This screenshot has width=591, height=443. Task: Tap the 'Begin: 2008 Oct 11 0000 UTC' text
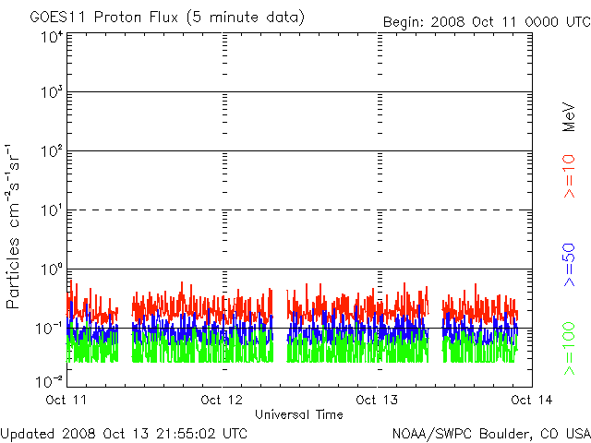484,21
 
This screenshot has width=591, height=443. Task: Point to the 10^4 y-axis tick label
52,37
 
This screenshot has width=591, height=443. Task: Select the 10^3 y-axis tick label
52,93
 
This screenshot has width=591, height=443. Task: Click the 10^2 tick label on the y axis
52,151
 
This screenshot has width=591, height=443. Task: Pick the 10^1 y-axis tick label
52,210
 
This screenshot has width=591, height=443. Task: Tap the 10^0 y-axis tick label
52,269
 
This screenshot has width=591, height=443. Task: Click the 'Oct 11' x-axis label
66,400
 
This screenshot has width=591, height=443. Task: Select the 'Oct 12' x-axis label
223,400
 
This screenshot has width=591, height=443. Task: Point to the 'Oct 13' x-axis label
378,400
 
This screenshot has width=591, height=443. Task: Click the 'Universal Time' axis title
299,414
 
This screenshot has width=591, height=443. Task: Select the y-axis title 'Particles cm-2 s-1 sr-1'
16,226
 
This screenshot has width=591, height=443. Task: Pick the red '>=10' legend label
570,176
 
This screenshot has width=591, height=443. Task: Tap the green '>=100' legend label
570,348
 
